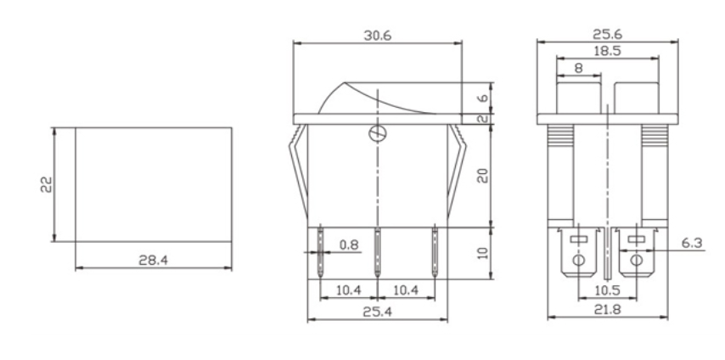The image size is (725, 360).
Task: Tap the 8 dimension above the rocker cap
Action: tap(578, 67)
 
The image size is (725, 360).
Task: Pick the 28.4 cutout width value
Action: tap(153, 260)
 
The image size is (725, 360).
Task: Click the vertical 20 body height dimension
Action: tap(481, 176)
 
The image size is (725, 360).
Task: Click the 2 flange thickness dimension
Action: tap(481, 119)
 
